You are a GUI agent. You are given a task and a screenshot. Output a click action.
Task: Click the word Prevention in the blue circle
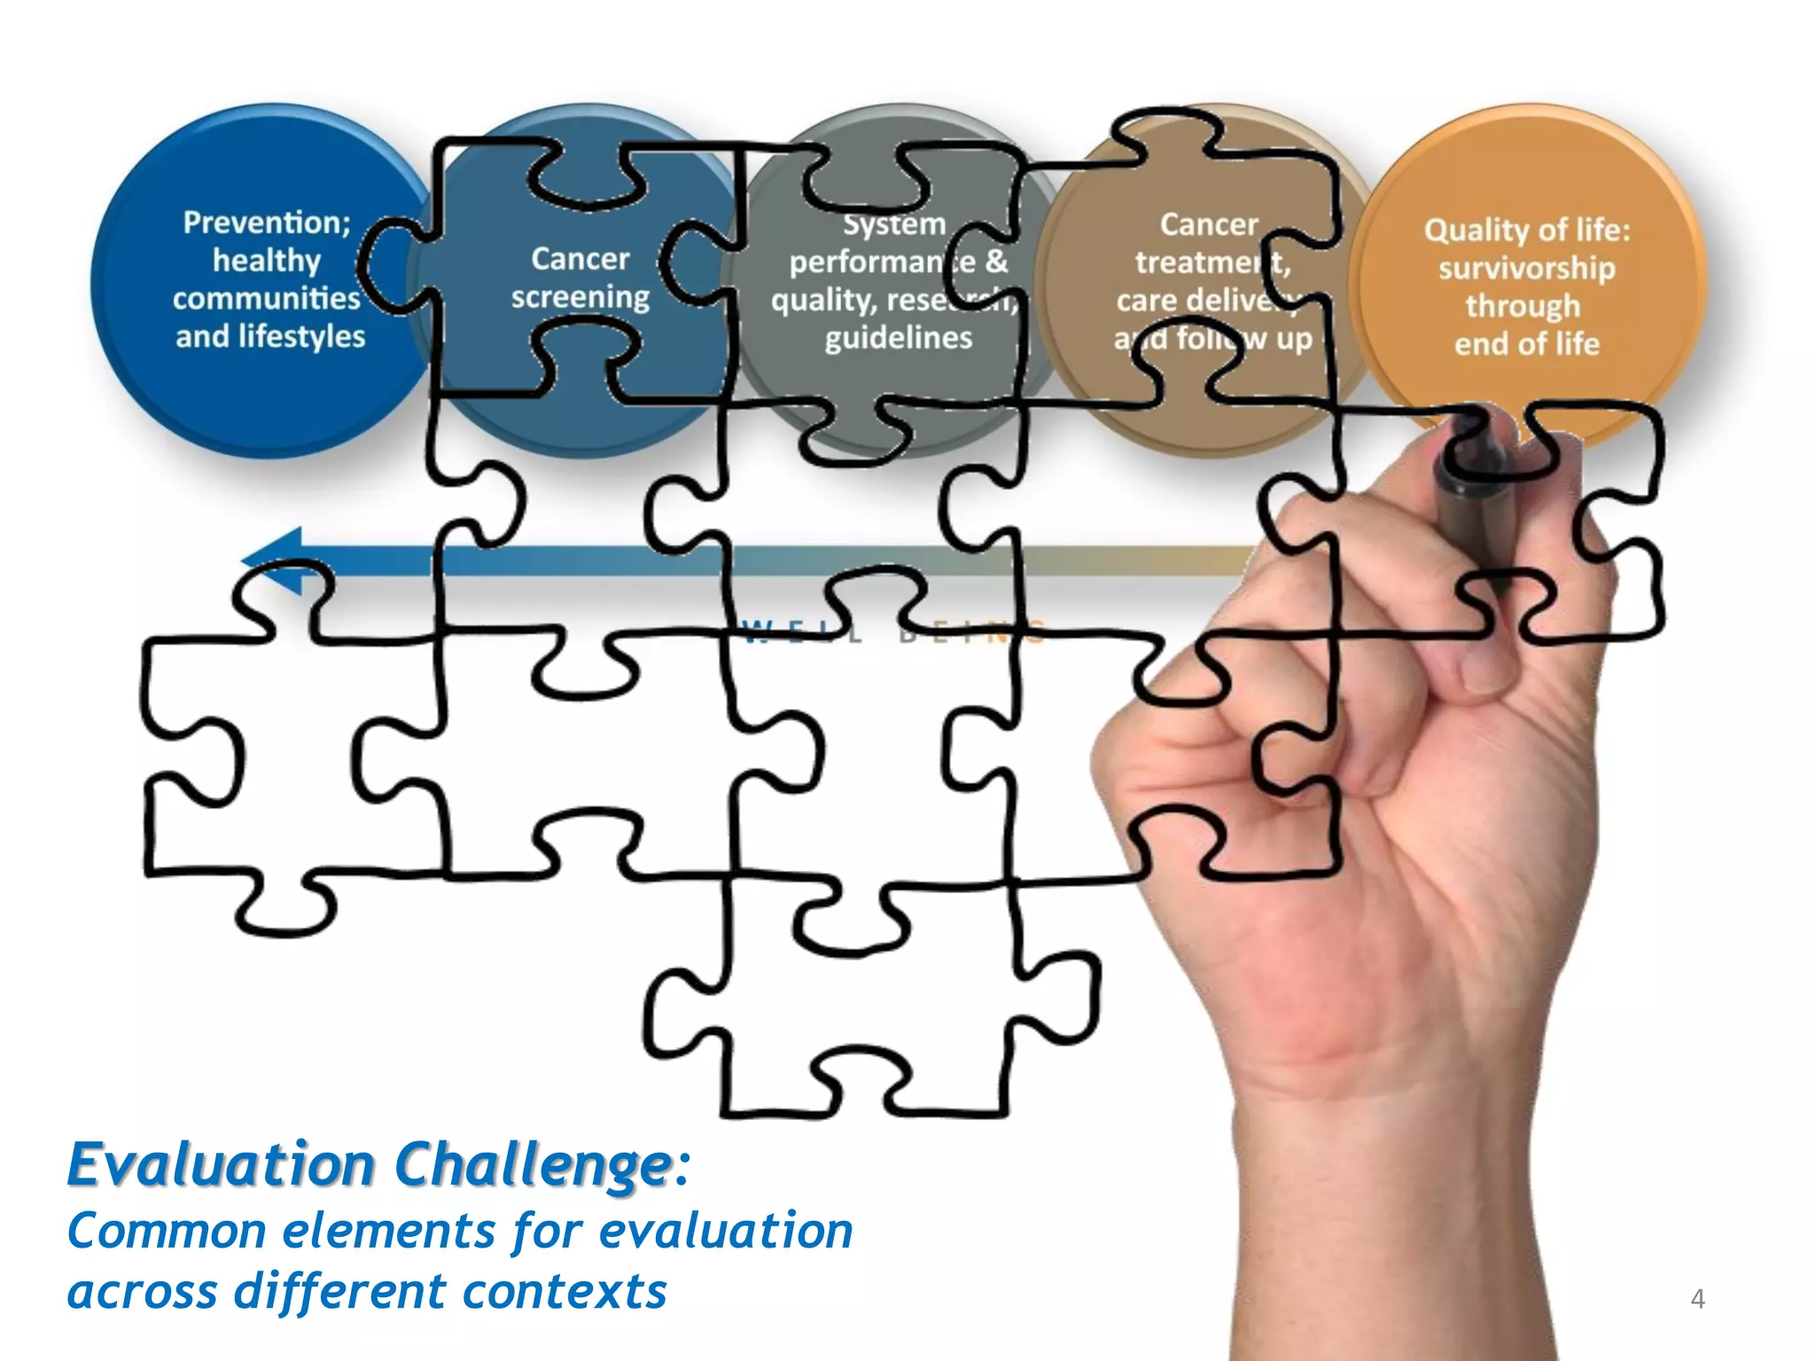point(264,222)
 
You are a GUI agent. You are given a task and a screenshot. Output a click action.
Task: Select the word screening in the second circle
point(580,298)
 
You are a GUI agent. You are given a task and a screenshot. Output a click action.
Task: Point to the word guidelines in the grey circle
point(898,338)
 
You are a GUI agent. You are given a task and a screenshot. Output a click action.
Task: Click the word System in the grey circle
point(894,224)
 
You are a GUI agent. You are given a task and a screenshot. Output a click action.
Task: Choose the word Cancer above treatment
point(1209,224)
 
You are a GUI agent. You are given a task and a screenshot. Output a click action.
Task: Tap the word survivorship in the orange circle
point(1526,268)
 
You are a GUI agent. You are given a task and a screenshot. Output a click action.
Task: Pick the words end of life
point(1526,344)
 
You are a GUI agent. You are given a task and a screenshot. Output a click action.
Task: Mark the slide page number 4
point(1697,1298)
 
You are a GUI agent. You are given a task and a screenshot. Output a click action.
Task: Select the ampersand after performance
point(996,261)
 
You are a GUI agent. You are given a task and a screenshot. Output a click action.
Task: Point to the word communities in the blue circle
point(266,299)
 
